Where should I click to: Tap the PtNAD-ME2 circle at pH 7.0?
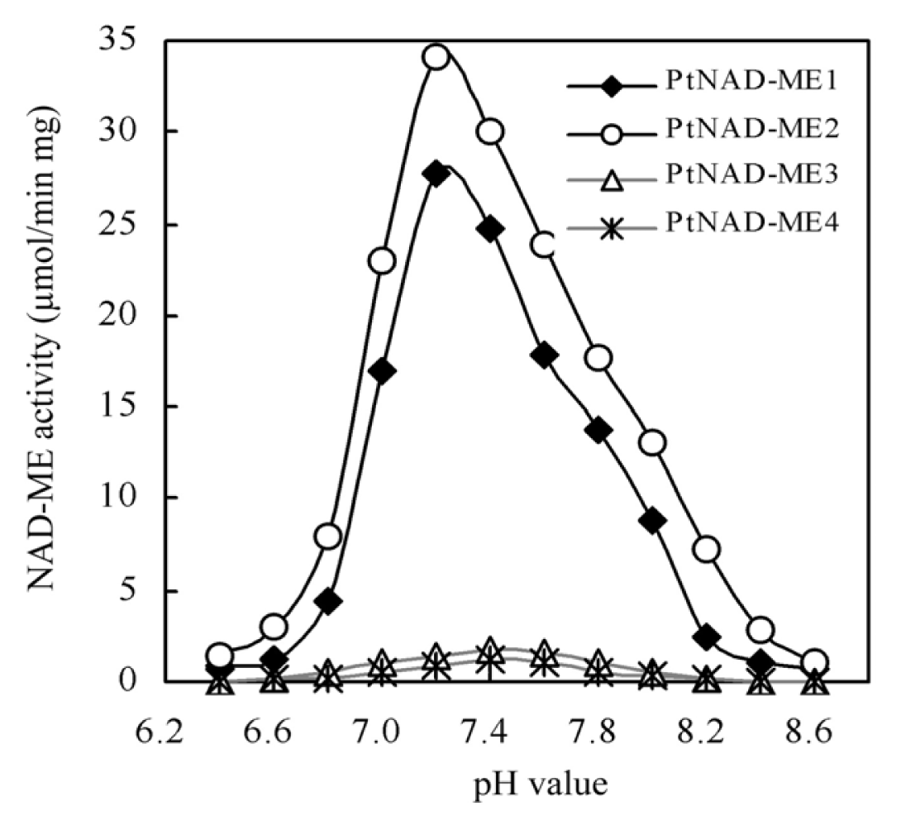tap(382, 261)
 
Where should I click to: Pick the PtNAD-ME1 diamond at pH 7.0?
tap(382, 371)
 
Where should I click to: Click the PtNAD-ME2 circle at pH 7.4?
tap(490, 131)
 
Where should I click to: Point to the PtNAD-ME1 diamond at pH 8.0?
tap(652, 521)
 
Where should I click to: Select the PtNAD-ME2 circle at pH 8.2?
tap(707, 549)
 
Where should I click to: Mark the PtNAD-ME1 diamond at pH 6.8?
tap(328, 601)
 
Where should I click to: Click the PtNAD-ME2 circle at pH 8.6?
tap(814, 663)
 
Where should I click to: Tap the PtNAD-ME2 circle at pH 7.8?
tap(598, 358)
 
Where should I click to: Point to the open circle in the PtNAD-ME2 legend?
tap(610, 131)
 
